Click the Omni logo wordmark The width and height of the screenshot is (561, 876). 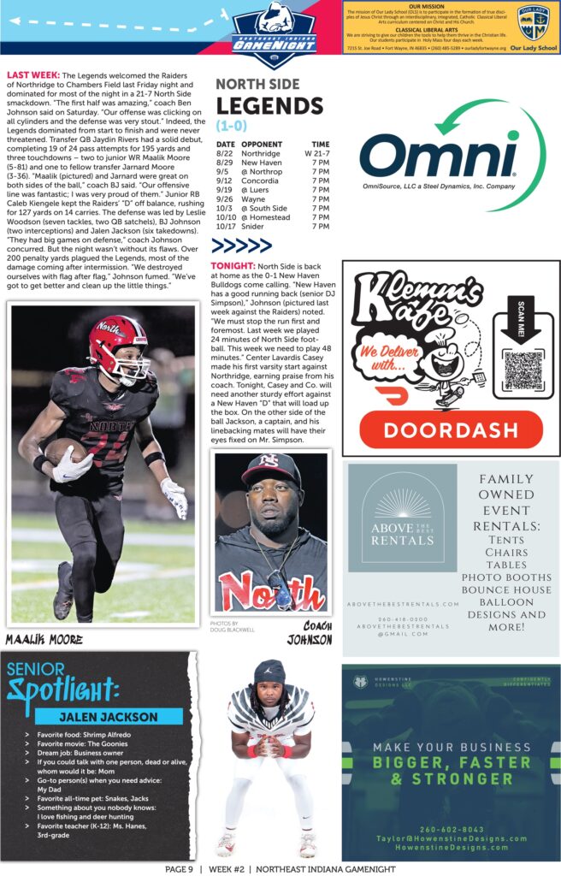[x=438, y=158]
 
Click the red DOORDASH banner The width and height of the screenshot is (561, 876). [x=451, y=429]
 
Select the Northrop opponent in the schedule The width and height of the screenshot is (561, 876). [x=262, y=172]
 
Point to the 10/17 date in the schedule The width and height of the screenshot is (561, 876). [x=225, y=227]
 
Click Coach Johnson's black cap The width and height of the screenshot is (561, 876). [x=270, y=469]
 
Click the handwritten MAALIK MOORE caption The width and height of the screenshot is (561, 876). [x=44, y=638]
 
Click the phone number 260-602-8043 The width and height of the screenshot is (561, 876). [x=451, y=829]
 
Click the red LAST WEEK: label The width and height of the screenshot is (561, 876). [x=32, y=75]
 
